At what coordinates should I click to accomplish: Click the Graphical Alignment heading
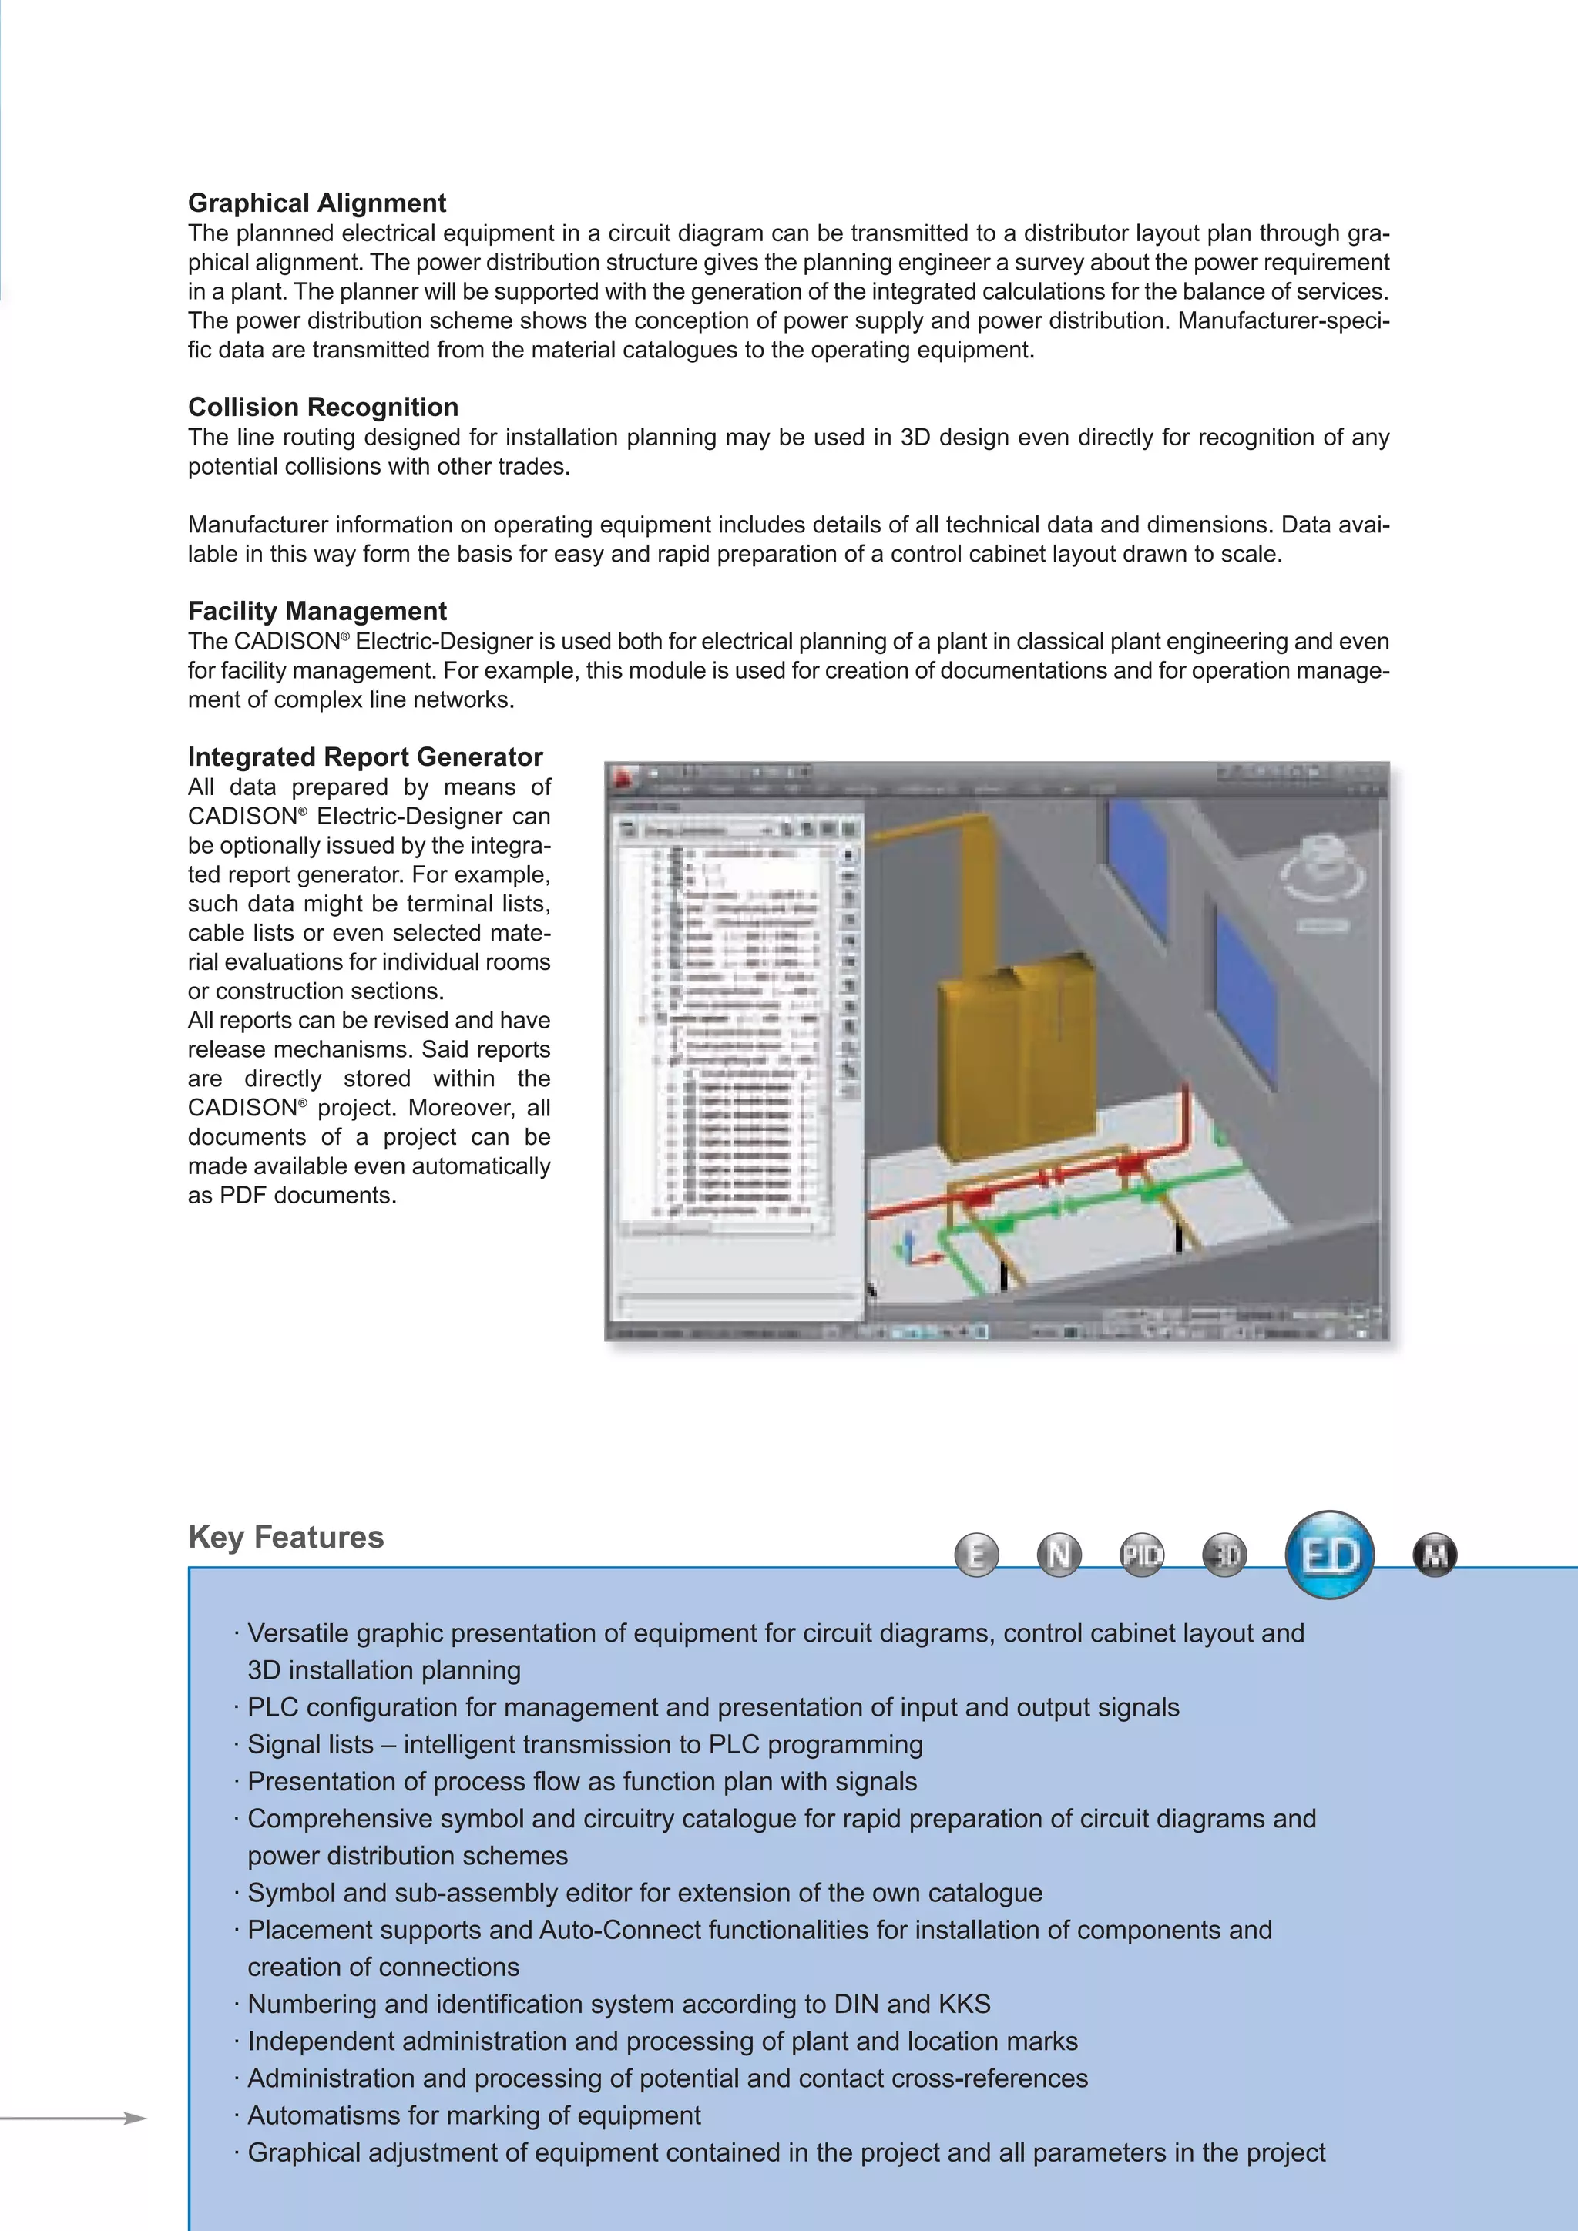point(317,203)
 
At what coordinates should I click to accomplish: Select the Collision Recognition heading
point(323,407)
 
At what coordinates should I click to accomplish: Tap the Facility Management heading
point(317,611)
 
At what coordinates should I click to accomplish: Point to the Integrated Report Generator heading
point(364,757)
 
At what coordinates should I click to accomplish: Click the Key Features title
point(286,1537)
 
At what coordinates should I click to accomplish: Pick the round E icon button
point(976,1555)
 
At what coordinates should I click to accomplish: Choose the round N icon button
point(1059,1555)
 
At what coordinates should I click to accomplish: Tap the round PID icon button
point(1142,1555)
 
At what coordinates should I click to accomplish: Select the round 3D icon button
point(1225,1555)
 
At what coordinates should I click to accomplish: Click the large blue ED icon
point(1329,1555)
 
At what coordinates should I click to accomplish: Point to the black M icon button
point(1434,1555)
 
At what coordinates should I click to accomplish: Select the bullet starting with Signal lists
point(583,1744)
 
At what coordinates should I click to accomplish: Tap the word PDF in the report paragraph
point(243,1195)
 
